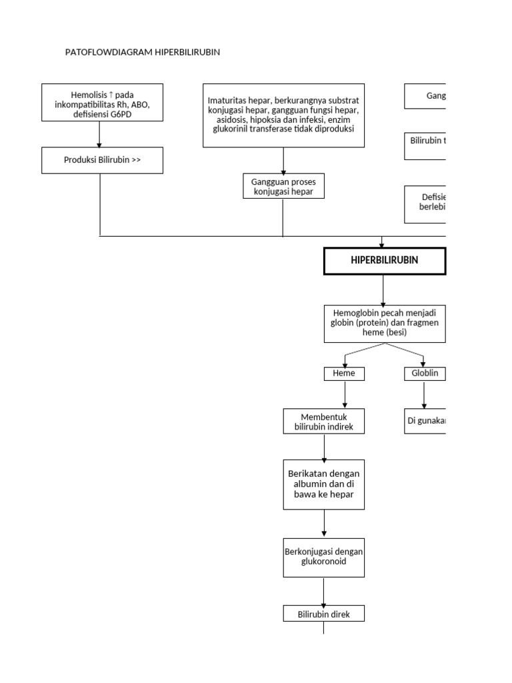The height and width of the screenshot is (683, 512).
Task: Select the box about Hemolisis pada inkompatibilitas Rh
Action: tap(99, 102)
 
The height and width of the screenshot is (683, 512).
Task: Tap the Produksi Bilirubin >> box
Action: tap(102, 160)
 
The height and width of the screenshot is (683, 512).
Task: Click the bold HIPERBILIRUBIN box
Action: tap(384, 260)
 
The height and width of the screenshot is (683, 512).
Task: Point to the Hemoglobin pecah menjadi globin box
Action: tap(384, 323)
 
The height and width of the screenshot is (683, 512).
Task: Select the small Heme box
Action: tap(345, 374)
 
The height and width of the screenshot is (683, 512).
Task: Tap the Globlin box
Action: tap(424, 374)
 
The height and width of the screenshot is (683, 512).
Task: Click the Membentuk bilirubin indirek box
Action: tap(324, 422)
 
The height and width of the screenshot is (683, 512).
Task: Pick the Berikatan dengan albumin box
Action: tap(324, 484)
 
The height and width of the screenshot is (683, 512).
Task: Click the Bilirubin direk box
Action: tap(324, 614)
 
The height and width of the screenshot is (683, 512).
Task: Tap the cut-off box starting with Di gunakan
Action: tap(425, 421)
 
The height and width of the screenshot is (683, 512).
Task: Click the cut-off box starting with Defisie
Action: tap(425, 203)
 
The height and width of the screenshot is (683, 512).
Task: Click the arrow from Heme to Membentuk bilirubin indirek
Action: tap(345, 394)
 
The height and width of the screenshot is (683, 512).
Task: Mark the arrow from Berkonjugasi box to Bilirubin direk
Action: tap(324, 592)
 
